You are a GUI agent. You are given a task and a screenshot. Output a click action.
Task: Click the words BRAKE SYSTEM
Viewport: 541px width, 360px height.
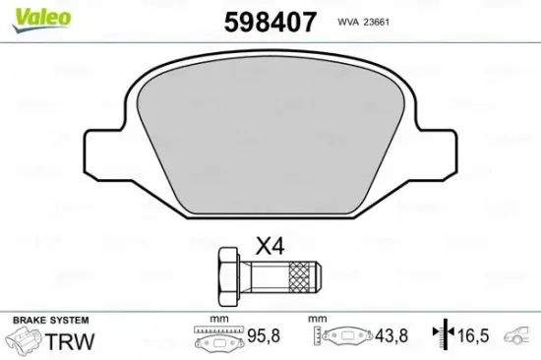50,321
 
